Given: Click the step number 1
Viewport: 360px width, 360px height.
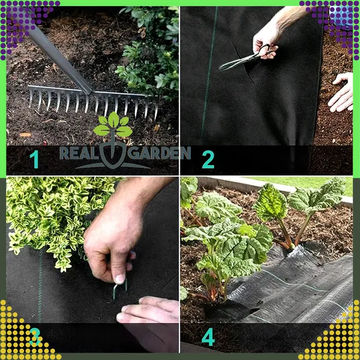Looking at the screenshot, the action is click(x=34, y=159).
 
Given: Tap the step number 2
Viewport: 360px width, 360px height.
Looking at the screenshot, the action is click(x=208, y=160).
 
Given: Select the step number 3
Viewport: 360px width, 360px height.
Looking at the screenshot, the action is click(x=35, y=337).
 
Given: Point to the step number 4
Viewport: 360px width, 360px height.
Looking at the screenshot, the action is click(x=208, y=337).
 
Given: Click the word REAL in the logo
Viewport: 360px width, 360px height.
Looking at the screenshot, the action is click(x=79, y=153).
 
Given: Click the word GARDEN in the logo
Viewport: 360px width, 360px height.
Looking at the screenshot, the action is click(x=159, y=153).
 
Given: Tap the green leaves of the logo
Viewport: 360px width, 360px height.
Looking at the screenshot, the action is click(x=113, y=125).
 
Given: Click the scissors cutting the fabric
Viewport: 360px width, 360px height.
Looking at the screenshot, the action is click(x=244, y=58).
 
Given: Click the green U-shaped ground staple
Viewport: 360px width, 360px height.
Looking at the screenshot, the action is click(x=120, y=290).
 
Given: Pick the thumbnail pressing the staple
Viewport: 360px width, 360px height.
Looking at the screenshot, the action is click(x=119, y=279).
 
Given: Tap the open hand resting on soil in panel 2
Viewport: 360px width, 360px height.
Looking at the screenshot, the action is click(x=341, y=92).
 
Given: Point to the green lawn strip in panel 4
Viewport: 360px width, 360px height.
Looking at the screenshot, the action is click(x=305, y=184).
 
